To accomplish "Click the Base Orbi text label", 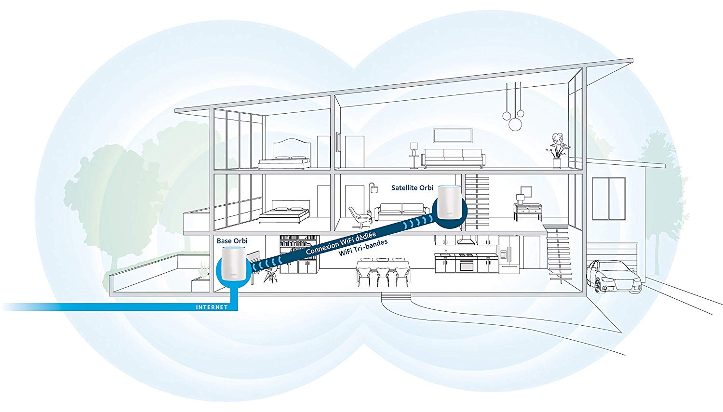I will coord(232,240).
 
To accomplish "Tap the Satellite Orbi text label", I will coord(412,187).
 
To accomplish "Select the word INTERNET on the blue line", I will coord(212,307).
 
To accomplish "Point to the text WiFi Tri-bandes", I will coord(363,247).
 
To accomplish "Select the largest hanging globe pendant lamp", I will coord(515,124).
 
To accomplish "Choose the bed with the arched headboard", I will coord(284,155).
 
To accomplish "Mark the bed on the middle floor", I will coord(284,214).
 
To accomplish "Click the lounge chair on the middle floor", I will coord(360,217).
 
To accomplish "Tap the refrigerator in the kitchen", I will coord(509,254).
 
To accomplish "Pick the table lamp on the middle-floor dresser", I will coord(520,199).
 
